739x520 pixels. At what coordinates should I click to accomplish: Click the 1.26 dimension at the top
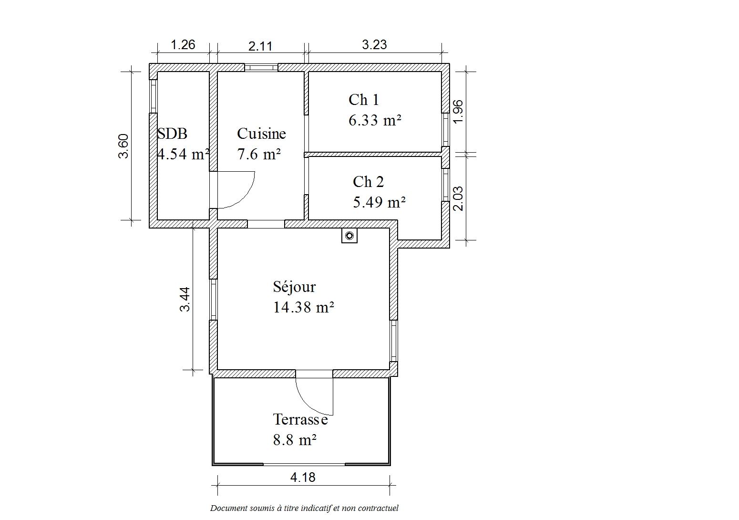[183, 44]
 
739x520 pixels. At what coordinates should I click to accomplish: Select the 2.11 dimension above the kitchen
[260, 46]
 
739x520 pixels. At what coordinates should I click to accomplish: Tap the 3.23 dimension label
[374, 44]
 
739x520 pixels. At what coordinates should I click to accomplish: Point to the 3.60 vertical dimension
[123, 146]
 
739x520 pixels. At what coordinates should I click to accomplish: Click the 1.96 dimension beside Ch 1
[458, 112]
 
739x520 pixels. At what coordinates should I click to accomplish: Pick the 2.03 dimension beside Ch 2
[458, 199]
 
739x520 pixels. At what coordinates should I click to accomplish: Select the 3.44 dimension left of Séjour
[185, 300]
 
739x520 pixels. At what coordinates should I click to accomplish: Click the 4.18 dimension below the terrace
[303, 478]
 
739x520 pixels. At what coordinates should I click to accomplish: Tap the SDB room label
[172, 134]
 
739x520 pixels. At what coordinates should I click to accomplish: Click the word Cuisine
[261, 134]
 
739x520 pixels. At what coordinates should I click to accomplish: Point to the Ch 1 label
[364, 100]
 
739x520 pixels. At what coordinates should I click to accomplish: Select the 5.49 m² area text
[379, 202]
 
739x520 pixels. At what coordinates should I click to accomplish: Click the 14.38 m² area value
[304, 307]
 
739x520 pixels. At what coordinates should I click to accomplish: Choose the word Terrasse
[300, 420]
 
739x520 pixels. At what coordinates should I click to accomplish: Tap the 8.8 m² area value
[295, 440]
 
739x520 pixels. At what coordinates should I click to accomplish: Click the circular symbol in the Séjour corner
[349, 236]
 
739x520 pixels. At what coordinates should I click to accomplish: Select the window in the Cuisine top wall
[261, 68]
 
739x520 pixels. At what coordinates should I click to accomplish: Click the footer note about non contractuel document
[304, 508]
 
